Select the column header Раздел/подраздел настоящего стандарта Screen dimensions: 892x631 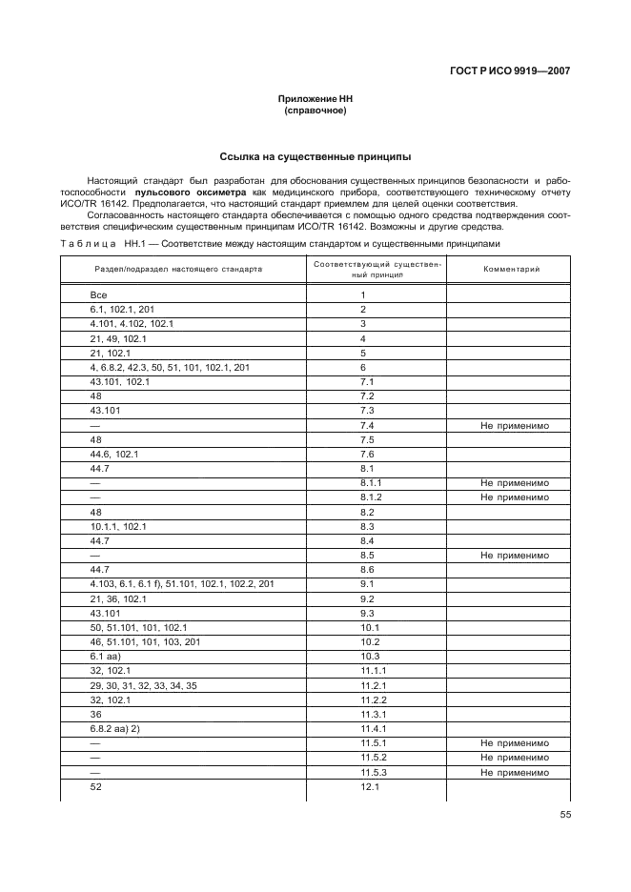[177, 269]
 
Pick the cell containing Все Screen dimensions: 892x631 [98, 294]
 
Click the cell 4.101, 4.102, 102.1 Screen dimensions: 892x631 [132, 324]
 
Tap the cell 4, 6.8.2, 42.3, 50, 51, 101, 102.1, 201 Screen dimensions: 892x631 [170, 367]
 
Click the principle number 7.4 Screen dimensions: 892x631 [367, 426]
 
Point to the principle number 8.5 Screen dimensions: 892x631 [367, 555]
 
